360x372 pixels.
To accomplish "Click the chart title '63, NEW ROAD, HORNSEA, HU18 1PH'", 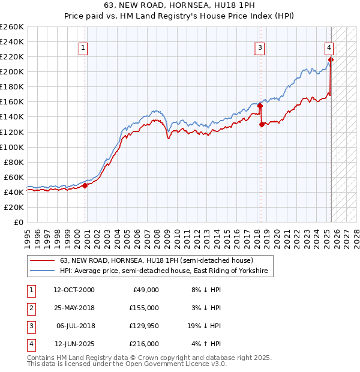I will [x=179, y=6].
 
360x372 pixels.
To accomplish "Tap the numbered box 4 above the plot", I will [x=329, y=49].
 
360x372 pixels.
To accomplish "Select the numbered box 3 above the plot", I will [x=260, y=49].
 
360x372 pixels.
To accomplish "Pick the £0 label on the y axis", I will [x=19, y=222].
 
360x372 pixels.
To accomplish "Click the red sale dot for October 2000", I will [x=85, y=185].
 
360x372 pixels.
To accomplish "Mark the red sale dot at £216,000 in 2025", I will [x=331, y=59].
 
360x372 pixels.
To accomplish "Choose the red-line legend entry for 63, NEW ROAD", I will [x=157, y=261].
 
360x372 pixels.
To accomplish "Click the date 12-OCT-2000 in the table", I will [x=74, y=290].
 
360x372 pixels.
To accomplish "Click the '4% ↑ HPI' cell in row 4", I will [x=205, y=344].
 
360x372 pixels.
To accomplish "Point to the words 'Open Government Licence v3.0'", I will [x=178, y=364].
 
